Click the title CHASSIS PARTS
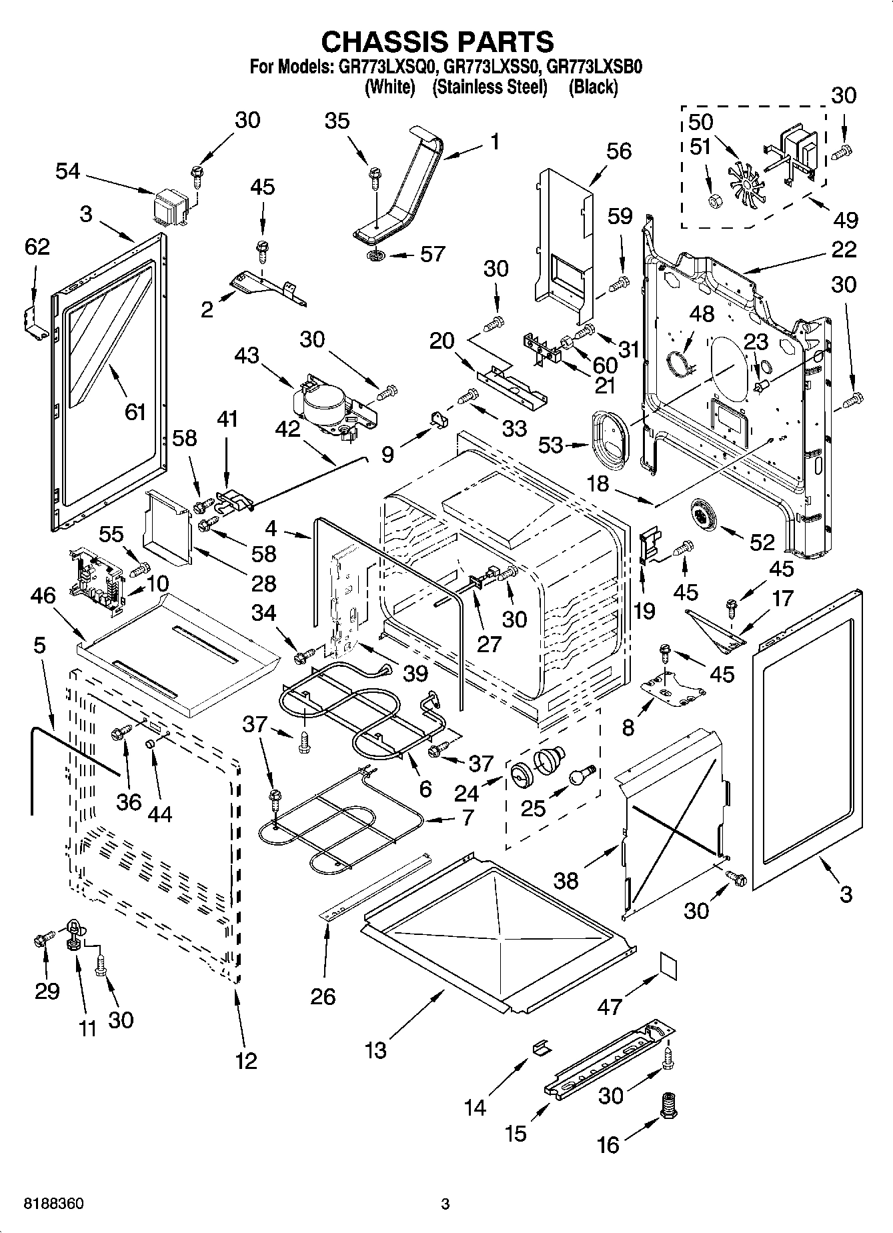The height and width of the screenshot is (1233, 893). [437, 41]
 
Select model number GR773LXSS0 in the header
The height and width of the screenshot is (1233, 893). [490, 67]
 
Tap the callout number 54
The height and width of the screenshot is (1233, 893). [67, 171]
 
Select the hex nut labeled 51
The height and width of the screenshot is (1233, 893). [714, 200]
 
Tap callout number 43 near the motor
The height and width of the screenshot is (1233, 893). [247, 355]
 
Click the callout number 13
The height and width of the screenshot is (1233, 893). [375, 1050]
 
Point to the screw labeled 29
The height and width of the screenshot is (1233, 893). [41, 941]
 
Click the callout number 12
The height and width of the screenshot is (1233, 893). [245, 1060]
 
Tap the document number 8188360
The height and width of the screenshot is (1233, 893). [53, 1204]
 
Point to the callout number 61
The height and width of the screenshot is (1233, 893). [135, 412]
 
